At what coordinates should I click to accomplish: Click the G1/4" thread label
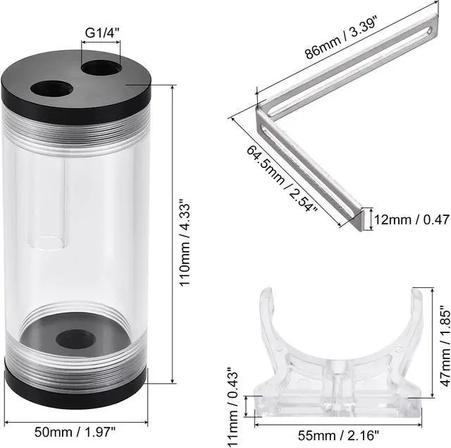(101, 32)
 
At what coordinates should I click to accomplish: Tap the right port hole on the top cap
(101, 70)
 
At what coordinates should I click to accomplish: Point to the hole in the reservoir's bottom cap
(76, 338)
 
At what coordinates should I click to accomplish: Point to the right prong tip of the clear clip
(416, 296)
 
